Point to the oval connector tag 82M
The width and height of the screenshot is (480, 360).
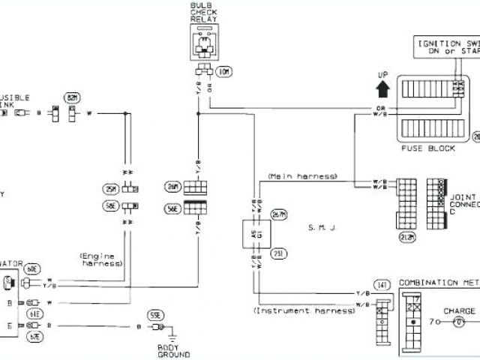[x=73, y=97]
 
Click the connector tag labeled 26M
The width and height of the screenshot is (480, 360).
[x=172, y=186]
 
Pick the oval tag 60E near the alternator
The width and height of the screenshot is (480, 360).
[x=32, y=268]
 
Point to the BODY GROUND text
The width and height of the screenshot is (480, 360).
[x=175, y=349]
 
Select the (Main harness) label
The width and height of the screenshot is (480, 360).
[x=301, y=176]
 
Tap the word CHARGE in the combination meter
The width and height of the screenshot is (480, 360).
[x=459, y=310]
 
